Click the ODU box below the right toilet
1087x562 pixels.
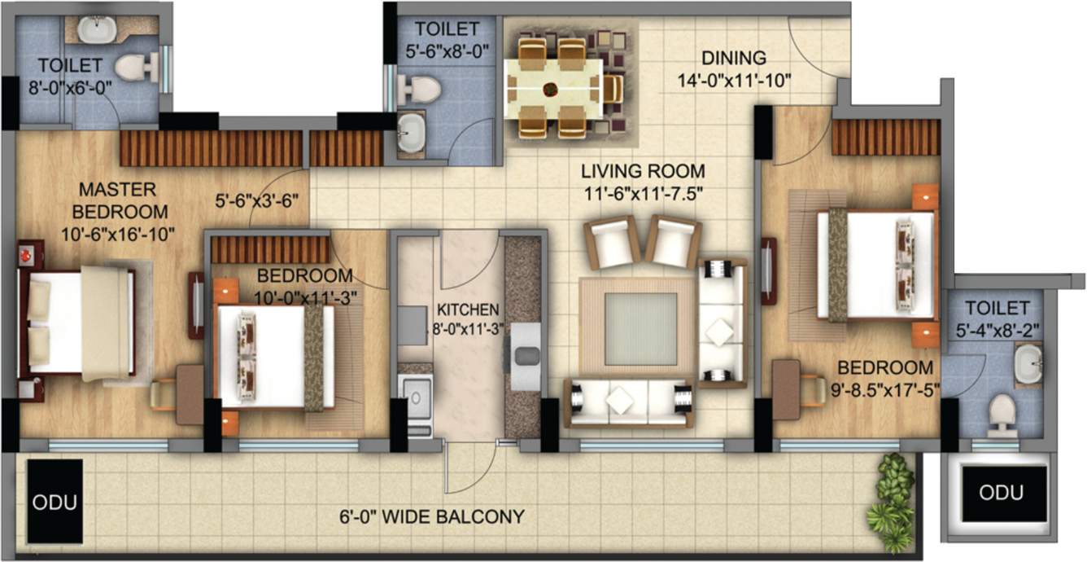(x=1001, y=493)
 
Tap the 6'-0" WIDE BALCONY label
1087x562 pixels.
(x=432, y=516)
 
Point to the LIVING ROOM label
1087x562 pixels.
(x=642, y=171)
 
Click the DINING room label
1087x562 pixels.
(x=734, y=58)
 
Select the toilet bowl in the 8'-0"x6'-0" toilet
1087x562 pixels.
(x=133, y=67)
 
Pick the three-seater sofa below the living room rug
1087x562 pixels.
(x=629, y=403)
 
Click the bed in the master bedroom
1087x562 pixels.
(x=78, y=321)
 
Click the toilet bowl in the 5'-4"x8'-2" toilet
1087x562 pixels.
(x=1000, y=413)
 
